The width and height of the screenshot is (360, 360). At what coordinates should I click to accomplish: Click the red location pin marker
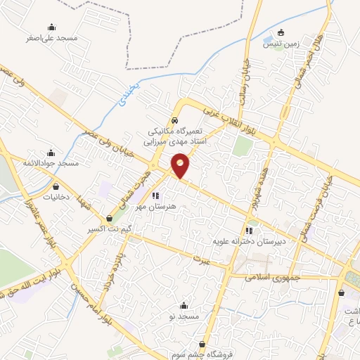click(181, 165)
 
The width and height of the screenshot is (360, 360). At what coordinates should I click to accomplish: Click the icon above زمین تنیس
click(281, 32)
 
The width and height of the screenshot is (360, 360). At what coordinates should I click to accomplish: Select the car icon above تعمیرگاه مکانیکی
click(174, 120)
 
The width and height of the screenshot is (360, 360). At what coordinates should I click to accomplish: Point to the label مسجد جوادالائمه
click(49, 163)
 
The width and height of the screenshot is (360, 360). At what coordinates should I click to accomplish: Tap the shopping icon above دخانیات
click(56, 187)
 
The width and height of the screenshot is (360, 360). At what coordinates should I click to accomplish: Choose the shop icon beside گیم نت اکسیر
click(108, 219)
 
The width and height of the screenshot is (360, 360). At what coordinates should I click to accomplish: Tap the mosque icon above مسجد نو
click(184, 305)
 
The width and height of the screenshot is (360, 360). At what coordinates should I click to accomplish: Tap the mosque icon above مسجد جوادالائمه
click(50, 153)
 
